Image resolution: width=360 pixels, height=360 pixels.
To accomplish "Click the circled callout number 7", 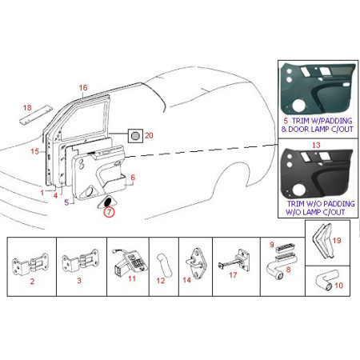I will point(109,212).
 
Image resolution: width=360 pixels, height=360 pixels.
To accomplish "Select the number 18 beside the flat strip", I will point(26,107).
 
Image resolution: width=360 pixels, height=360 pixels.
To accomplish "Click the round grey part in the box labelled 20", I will point(136,136).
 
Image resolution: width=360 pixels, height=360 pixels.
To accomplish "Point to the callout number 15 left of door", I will point(34,150).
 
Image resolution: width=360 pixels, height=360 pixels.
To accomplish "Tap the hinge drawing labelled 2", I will point(32,263).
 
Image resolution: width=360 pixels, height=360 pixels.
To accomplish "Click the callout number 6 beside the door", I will point(133,178).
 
